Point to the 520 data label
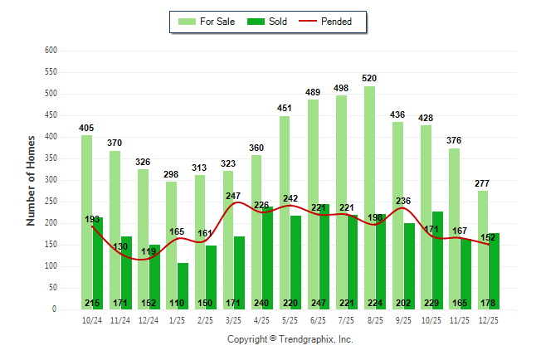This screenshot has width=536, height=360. (x=369, y=79)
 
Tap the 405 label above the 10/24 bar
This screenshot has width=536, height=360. (x=86, y=128)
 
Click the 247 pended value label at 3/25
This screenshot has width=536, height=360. (x=232, y=197)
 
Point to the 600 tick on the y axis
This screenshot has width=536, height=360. (x=50, y=51)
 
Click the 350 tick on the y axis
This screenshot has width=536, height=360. (x=50, y=158)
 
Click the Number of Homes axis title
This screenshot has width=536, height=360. (x=31, y=180)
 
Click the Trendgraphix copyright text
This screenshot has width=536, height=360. (x=290, y=339)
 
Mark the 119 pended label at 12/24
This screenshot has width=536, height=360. (x=149, y=251)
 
